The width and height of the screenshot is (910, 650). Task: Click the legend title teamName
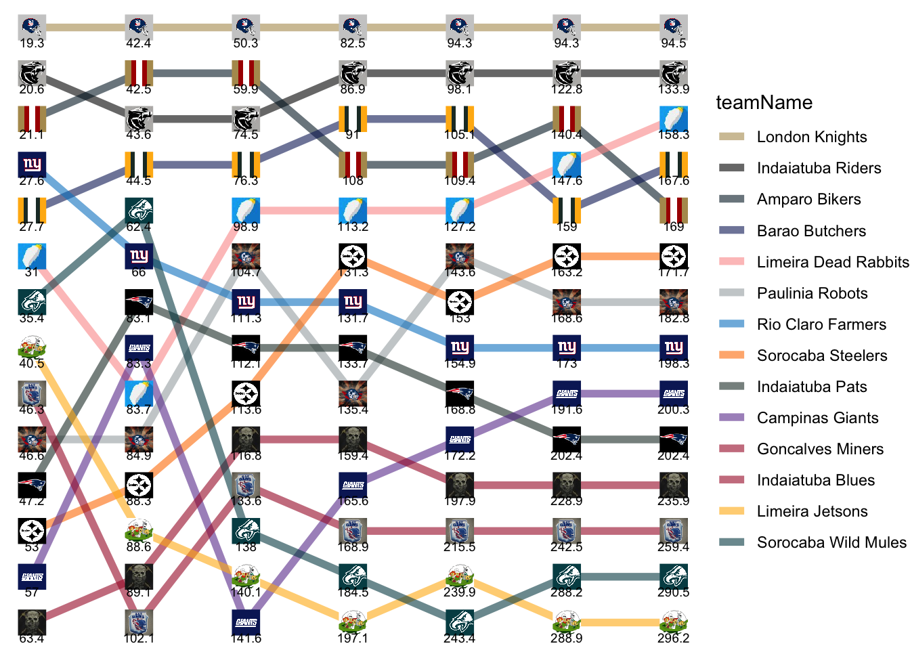764,102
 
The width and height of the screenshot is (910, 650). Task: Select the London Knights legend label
812,137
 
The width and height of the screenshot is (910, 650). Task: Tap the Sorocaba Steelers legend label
822,355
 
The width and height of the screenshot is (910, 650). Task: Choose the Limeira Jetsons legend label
812,511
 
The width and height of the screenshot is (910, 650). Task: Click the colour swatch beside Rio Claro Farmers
731,324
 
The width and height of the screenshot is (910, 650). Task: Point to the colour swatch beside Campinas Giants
731,418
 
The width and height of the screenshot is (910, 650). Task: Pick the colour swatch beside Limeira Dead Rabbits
731,262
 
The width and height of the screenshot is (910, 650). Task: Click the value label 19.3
32,43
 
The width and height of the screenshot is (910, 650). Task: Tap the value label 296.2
674,638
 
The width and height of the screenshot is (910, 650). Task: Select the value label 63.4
32,638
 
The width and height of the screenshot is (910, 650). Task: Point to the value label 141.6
246,638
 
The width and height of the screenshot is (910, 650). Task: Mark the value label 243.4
460,638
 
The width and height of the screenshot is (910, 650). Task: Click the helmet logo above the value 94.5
674,27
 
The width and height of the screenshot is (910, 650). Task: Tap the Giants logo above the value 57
32,576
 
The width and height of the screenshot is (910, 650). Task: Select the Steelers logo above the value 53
32,530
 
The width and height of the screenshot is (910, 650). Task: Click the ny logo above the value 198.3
674,347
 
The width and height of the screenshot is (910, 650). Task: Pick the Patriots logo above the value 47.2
32,485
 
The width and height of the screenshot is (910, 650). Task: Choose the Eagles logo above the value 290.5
674,576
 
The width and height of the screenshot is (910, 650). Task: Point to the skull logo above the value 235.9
674,485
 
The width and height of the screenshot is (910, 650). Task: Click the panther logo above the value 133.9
674,72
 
